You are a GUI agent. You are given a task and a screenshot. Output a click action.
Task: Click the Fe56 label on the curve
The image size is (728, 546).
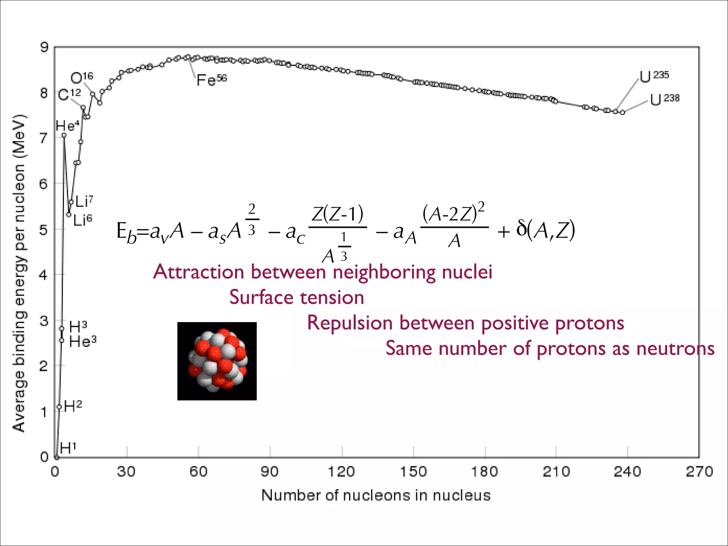tap(212, 80)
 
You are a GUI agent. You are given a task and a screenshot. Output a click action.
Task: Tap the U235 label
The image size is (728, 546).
tap(654, 76)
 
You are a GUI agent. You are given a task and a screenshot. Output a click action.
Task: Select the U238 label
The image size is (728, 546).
tap(664, 100)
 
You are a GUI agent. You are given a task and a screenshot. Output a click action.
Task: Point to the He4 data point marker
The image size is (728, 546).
tap(64, 135)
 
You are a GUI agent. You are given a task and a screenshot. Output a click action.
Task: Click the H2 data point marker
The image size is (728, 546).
tap(59, 407)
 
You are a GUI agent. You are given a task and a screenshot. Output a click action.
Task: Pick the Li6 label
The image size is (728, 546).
tap(82, 220)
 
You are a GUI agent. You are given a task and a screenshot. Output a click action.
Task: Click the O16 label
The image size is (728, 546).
tap(82, 78)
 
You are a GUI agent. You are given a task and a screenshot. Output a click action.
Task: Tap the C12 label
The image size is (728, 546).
tap(69, 95)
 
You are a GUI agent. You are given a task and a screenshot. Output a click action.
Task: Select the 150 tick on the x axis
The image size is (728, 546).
tap(413, 472)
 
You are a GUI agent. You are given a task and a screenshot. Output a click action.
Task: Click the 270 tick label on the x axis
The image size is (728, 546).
tap(699, 472)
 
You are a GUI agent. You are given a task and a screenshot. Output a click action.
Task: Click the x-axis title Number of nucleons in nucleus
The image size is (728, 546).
tap(376, 495)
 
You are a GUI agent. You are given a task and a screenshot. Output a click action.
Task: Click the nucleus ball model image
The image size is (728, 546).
tap(217, 361)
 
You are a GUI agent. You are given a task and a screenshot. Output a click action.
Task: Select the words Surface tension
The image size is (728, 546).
tap(296, 297)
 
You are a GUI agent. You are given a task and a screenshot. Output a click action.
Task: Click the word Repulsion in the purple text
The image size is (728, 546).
tap(350, 323)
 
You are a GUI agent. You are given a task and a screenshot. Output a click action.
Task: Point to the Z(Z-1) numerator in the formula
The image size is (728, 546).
tap(337, 214)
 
